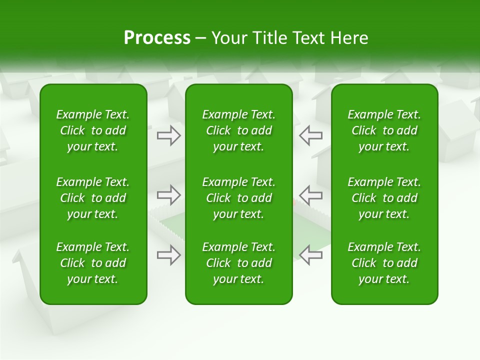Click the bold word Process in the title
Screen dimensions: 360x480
pos(157,38)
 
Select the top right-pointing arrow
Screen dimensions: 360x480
pos(169,135)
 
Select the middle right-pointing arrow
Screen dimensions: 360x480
pos(169,195)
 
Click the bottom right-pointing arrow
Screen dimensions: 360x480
pos(169,255)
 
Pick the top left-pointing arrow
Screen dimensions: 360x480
pos(310,135)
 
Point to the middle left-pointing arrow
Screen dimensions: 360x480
pos(310,195)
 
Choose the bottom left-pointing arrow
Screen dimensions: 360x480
pos(310,255)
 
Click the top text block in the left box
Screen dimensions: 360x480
pos(93,130)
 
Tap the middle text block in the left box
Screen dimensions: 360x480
pos(93,198)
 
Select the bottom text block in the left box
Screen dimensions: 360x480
pos(93,263)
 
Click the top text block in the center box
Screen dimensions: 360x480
pos(238,130)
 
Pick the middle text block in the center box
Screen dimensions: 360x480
pos(238,198)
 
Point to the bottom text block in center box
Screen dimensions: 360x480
pos(238,263)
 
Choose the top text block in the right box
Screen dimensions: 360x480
pos(384,130)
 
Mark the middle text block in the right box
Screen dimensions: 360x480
pos(384,198)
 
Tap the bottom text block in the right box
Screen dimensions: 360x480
pos(384,263)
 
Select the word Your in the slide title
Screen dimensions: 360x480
pos(230,38)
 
